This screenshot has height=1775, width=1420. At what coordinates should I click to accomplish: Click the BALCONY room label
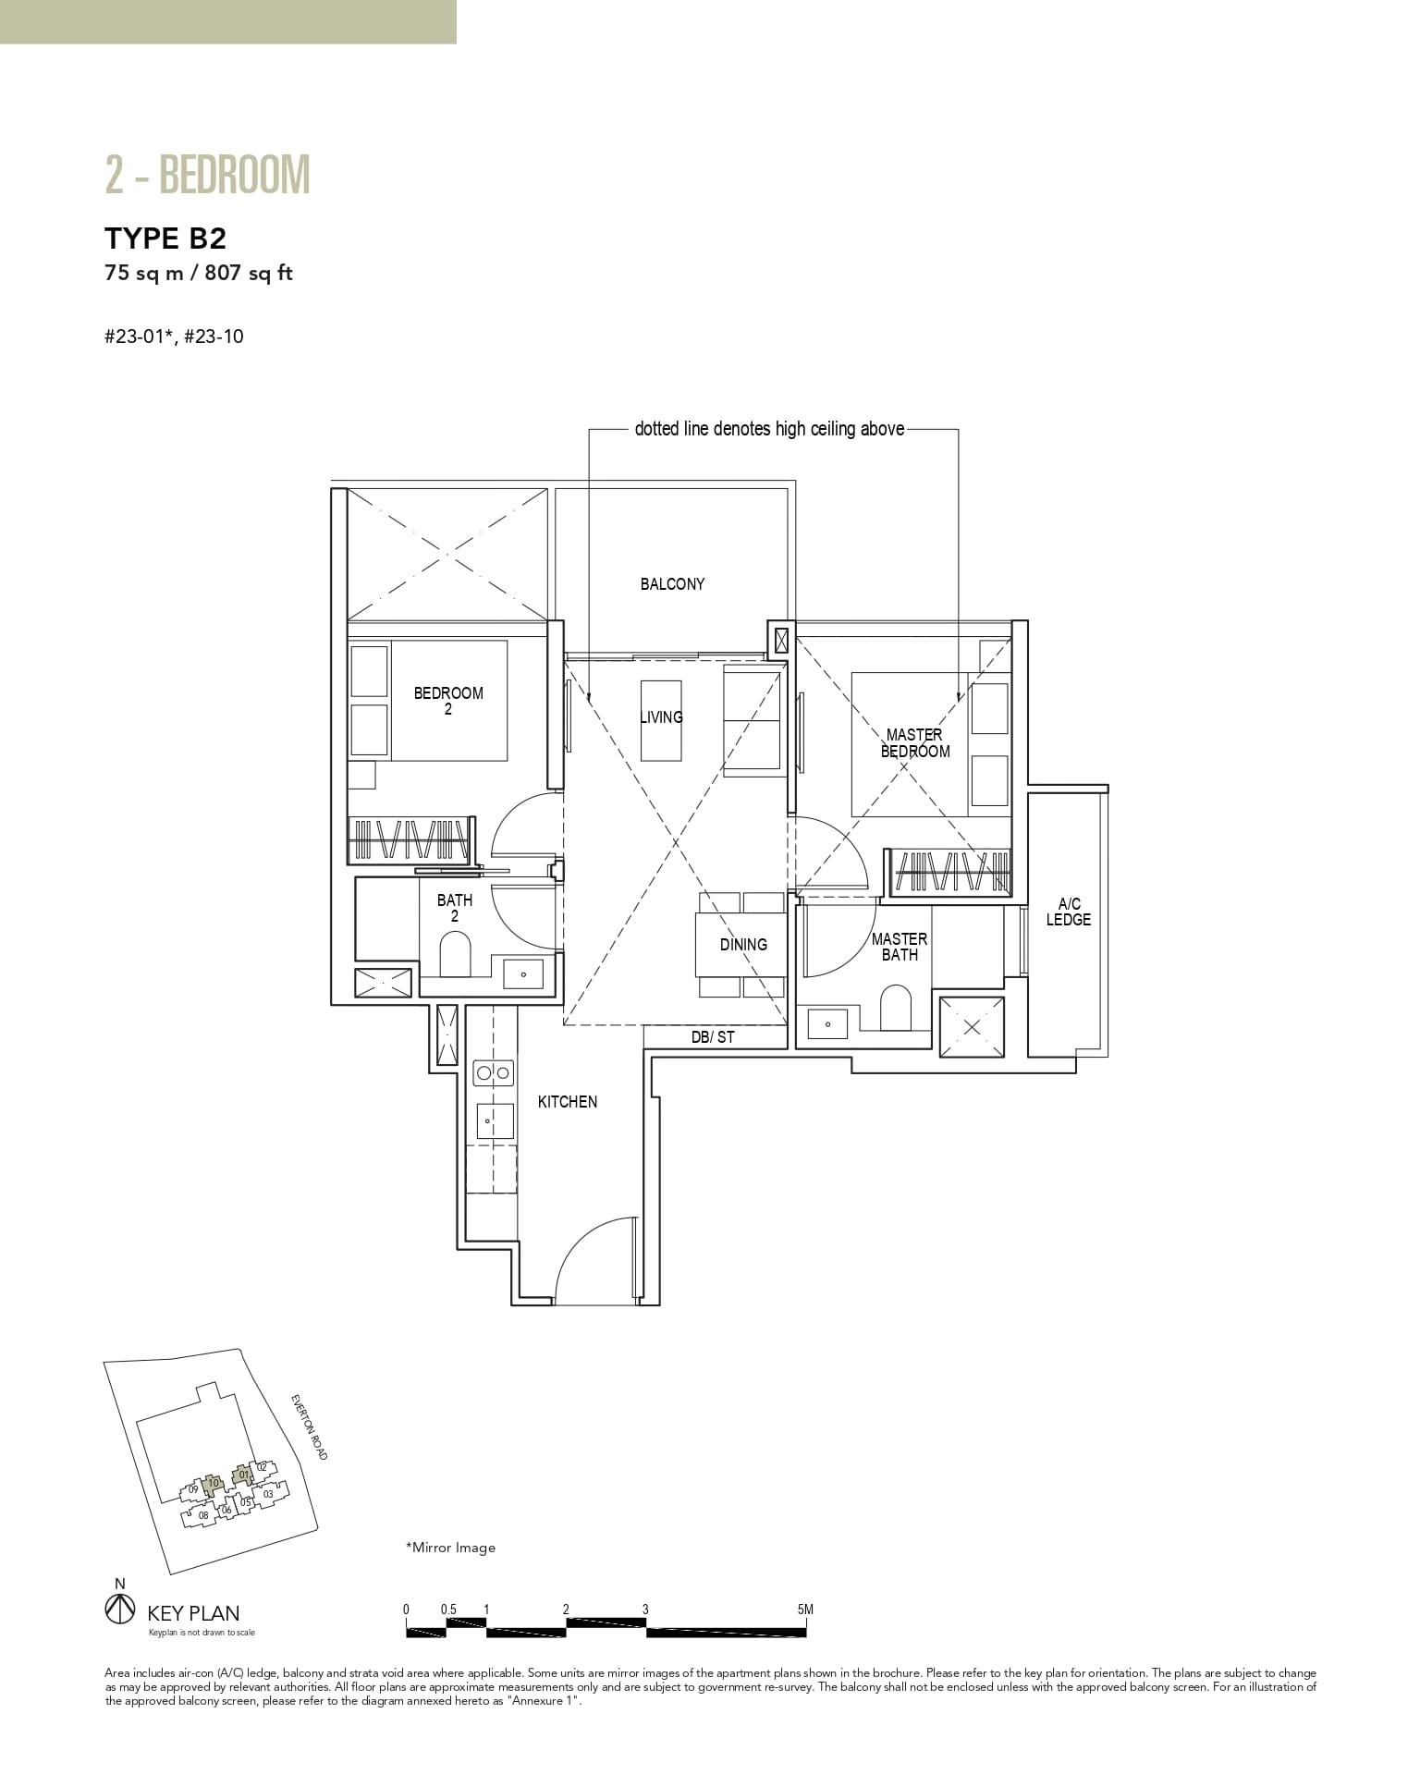(672, 584)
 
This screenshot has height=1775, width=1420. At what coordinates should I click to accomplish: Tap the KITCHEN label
(568, 1102)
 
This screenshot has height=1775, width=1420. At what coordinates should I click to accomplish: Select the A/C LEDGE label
(1068, 912)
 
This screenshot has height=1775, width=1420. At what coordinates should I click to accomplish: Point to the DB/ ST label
(713, 1037)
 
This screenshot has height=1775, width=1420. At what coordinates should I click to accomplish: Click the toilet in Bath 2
(454, 954)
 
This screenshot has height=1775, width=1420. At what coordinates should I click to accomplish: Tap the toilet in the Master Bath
(895, 1008)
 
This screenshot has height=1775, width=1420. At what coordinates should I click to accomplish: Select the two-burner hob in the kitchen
(493, 1073)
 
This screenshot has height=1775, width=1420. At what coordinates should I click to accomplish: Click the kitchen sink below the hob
(493, 1121)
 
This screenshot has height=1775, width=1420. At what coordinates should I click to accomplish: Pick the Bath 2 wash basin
(524, 974)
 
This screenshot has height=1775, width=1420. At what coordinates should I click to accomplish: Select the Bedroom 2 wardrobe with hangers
(410, 840)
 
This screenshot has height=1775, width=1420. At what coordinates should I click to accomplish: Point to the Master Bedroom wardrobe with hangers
(950, 871)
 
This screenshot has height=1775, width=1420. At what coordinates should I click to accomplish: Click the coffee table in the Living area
(661, 720)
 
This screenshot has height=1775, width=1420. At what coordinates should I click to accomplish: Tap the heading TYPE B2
(165, 239)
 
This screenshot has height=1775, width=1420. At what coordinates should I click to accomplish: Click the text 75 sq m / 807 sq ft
(199, 274)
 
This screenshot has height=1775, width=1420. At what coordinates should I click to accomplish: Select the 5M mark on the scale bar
(805, 1610)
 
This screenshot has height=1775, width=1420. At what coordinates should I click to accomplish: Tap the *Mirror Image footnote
(450, 1548)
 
